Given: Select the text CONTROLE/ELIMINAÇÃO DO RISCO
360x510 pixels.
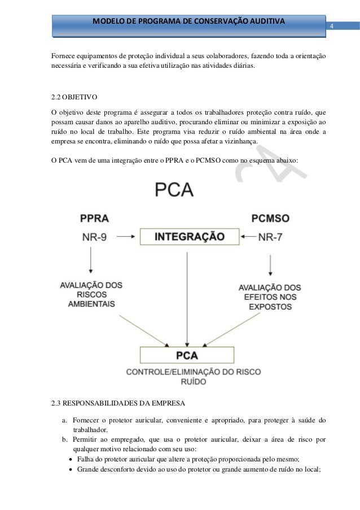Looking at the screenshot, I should pos(186,372).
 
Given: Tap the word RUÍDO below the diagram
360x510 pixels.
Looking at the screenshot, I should pos(186,382).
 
